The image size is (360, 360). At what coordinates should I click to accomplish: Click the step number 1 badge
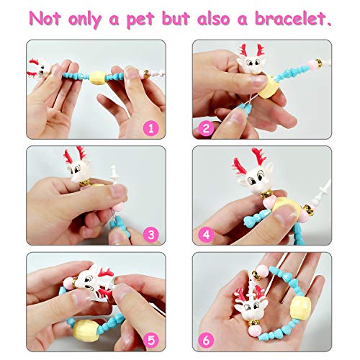coord(151,128)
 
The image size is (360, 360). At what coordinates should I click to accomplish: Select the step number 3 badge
coord(151,234)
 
